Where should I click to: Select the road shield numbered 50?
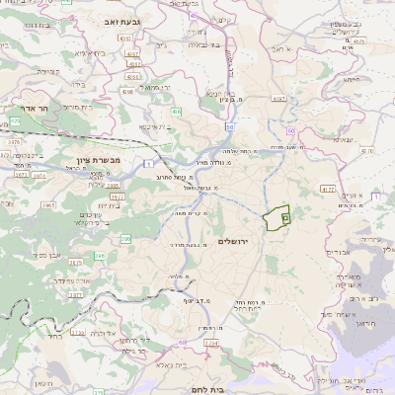click(x=230, y=126)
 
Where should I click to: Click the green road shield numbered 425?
click(x=14, y=121)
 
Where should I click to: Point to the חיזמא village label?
click(x=351, y=79)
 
